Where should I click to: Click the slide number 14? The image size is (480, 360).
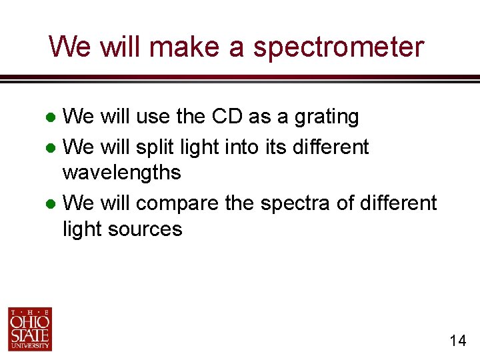457,341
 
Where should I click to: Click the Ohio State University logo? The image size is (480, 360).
29,329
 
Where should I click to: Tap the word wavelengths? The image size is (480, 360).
121,173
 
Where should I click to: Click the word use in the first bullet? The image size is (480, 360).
153,117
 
